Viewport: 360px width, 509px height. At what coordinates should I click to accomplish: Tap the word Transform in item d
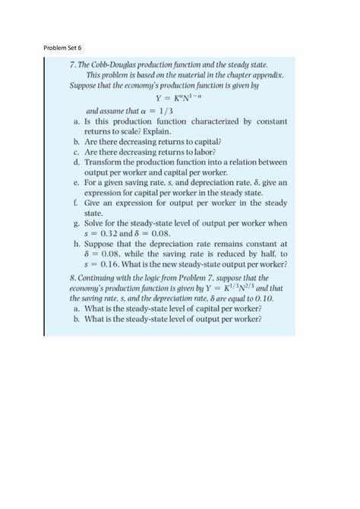coord(110,162)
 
